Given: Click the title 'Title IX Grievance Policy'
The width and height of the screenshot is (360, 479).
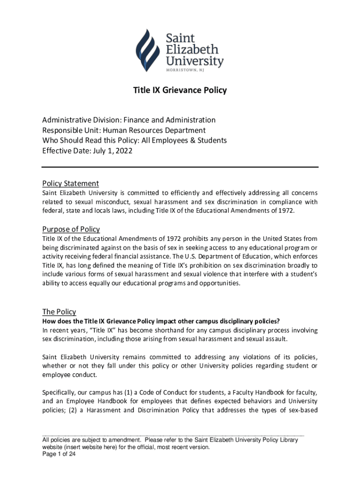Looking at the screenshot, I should (180, 90).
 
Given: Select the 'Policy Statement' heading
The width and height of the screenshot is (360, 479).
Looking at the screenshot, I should (70, 183).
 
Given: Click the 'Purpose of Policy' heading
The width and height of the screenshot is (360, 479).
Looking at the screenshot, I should (71, 229).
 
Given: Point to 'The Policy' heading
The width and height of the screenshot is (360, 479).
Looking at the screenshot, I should (59, 312).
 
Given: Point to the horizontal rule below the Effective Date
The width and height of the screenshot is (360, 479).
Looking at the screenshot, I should (180, 167).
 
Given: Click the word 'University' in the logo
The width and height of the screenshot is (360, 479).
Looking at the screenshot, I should (195, 60).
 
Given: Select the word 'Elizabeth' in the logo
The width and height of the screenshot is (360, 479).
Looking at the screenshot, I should (191, 48).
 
